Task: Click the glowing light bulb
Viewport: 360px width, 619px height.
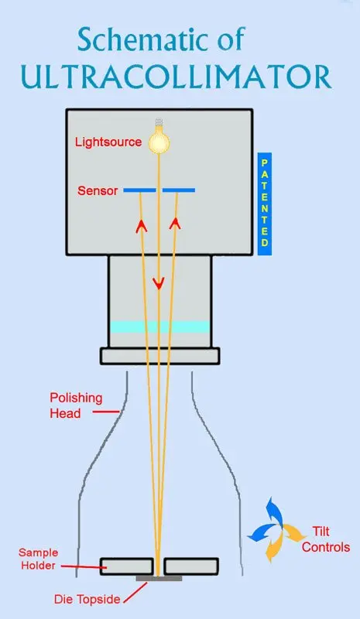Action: tap(159, 137)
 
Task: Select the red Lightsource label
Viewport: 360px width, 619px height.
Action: tap(108, 142)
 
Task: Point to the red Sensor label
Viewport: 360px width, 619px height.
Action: tap(98, 190)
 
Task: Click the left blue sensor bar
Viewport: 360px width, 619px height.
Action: tap(139, 190)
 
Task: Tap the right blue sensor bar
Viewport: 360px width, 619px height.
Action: tap(179, 190)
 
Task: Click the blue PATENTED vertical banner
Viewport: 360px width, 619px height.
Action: tap(265, 203)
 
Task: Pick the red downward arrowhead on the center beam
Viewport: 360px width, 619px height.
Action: tap(159, 283)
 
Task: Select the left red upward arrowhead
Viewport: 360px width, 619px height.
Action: tap(142, 226)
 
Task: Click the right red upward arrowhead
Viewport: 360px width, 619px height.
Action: tap(176, 224)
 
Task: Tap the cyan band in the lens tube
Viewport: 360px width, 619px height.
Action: tap(159, 327)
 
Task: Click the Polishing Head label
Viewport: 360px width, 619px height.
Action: tap(75, 405)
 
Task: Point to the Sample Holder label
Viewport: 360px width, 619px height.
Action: tap(38, 559)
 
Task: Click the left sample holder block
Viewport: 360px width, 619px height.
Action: tap(126, 566)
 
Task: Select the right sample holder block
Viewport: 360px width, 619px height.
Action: tap(192, 566)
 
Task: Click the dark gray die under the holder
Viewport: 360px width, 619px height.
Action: tap(159, 578)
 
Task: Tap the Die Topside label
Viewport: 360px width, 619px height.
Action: tap(87, 600)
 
